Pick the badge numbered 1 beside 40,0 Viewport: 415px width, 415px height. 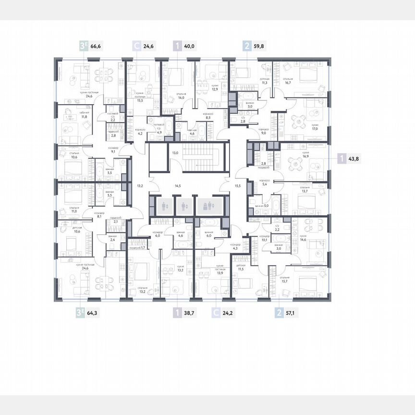(x=178, y=47)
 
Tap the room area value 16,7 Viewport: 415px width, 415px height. (x=286, y=83)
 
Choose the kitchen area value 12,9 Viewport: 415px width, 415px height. (x=201, y=89)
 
